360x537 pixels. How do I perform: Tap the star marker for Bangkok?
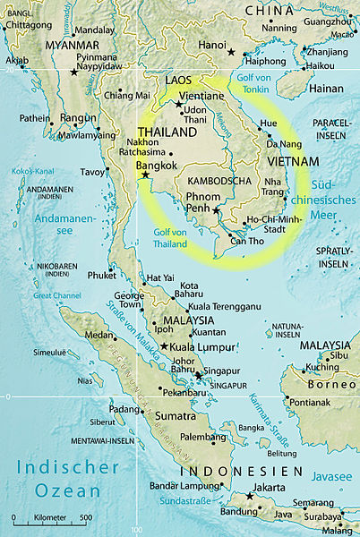[145, 175]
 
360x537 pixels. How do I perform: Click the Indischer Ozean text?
[68, 478]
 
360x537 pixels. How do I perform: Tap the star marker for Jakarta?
[249, 496]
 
